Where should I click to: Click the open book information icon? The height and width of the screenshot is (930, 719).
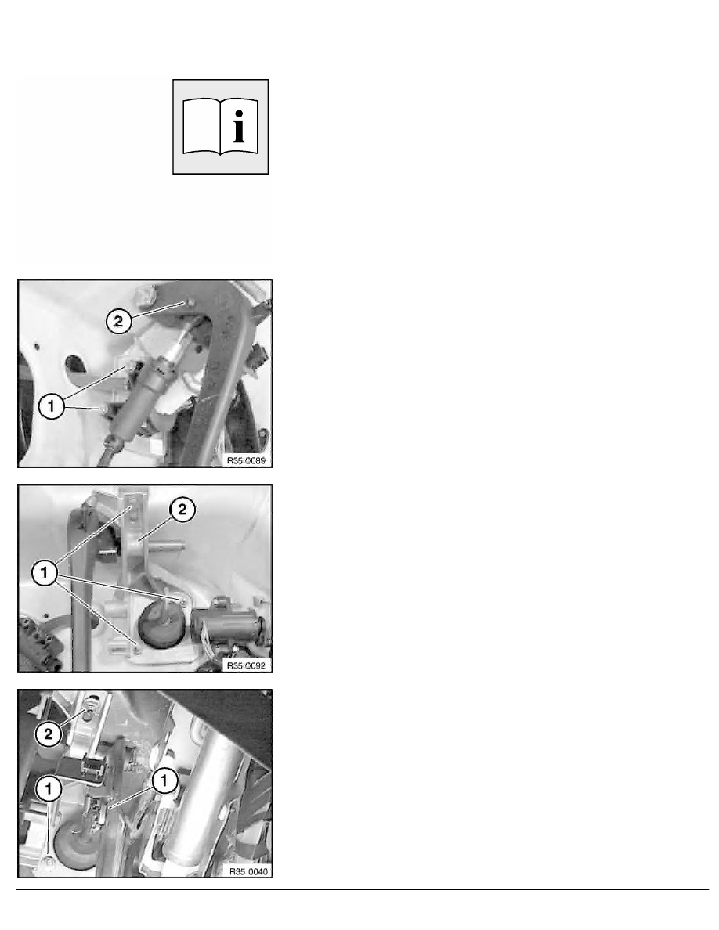[220, 127]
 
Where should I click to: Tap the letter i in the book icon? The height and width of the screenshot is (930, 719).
[238, 126]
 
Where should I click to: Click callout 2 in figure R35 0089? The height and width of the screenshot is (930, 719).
[118, 322]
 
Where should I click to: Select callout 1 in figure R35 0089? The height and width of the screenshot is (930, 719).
[51, 406]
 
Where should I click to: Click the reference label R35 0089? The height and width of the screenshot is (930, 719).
[246, 460]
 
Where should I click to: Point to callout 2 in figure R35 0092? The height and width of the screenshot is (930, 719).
[182, 509]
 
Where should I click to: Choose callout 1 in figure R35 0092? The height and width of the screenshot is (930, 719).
[44, 573]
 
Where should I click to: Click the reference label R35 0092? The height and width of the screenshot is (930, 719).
[246, 665]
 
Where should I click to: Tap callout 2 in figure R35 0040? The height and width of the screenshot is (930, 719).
[48, 734]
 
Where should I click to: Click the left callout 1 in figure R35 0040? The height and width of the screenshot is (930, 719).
[49, 789]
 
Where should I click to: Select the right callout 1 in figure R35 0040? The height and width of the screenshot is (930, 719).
[164, 780]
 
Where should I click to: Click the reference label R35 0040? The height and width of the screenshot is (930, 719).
[248, 871]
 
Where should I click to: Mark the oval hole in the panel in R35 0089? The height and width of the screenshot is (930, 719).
[76, 364]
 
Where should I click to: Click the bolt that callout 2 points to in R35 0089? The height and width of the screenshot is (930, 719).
[190, 303]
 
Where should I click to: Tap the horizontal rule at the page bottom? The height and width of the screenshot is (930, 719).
[363, 889]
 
